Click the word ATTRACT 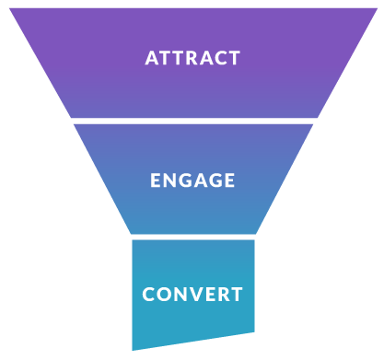pyautogui.click(x=192, y=58)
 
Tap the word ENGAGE pyautogui.click(x=192, y=180)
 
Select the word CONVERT pyautogui.click(x=192, y=296)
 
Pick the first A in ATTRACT pyautogui.click(x=152, y=58)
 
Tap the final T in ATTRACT pyautogui.click(x=235, y=58)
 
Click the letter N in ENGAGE pyautogui.click(x=170, y=180)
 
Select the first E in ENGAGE pyautogui.click(x=156, y=180)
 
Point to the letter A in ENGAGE pyautogui.click(x=201, y=180)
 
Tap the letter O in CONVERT pyautogui.click(x=167, y=296)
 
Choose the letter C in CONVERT pyautogui.click(x=149, y=296)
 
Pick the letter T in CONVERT pyautogui.click(x=237, y=296)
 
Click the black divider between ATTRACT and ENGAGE pyautogui.click(x=192, y=121)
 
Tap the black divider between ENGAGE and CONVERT pyautogui.click(x=192, y=237)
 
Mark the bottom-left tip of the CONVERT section pyautogui.click(x=133, y=349)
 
